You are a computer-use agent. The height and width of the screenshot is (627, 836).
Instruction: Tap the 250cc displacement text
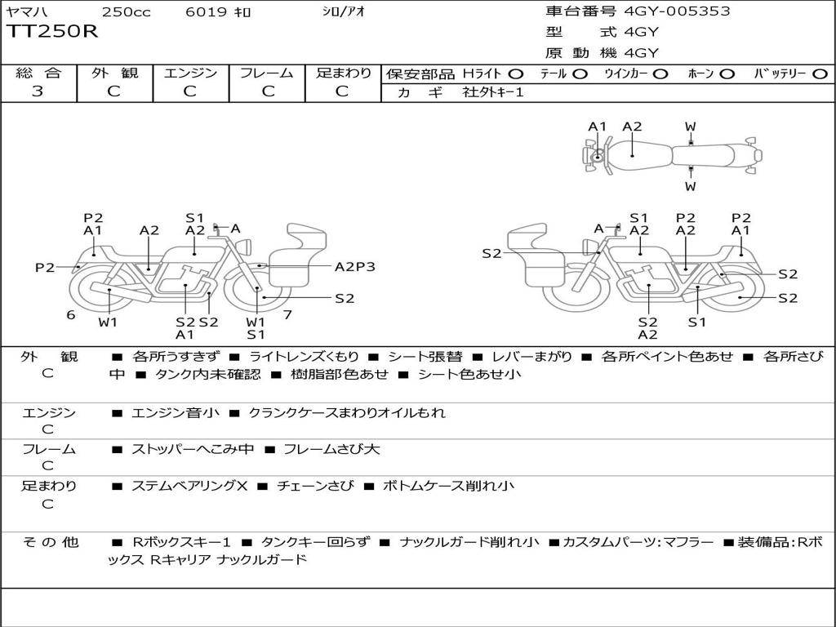(x=125, y=12)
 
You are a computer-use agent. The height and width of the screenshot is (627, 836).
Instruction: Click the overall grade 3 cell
(x=38, y=91)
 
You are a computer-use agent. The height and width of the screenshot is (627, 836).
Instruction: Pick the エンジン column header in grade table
(x=190, y=73)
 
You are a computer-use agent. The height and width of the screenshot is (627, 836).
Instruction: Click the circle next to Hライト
(x=516, y=73)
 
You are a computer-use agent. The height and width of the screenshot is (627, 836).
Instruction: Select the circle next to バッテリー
(x=820, y=73)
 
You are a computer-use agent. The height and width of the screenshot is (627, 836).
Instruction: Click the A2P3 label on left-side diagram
(x=355, y=266)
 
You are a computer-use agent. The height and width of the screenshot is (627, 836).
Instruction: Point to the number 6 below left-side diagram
(x=71, y=314)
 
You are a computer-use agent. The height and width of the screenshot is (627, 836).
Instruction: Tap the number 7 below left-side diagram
(x=287, y=314)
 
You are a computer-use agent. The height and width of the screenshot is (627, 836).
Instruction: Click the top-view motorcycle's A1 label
(x=598, y=127)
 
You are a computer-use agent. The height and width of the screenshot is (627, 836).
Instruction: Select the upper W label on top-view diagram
(x=691, y=127)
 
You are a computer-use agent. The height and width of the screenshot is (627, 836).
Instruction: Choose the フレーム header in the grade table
(x=266, y=73)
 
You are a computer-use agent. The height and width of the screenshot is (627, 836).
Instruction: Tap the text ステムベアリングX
(x=189, y=486)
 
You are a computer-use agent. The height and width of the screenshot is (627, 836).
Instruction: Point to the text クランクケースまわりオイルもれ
(x=347, y=413)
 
